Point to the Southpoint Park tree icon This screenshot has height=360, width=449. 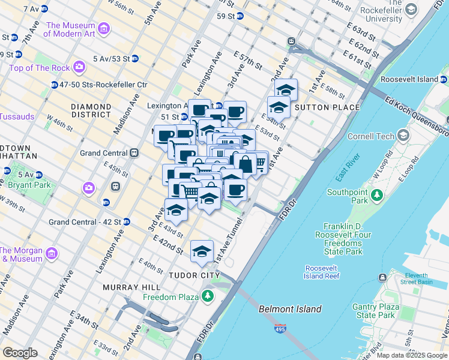[376, 195]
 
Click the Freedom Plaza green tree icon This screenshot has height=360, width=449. [208, 296]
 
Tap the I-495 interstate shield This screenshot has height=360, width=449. [282, 329]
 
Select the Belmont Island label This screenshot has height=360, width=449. [290, 309]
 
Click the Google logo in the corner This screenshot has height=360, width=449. [20, 353]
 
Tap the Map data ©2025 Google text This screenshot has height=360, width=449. [411, 355]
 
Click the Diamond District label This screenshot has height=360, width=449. [91, 111]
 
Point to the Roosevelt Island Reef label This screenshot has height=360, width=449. [323, 272]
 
